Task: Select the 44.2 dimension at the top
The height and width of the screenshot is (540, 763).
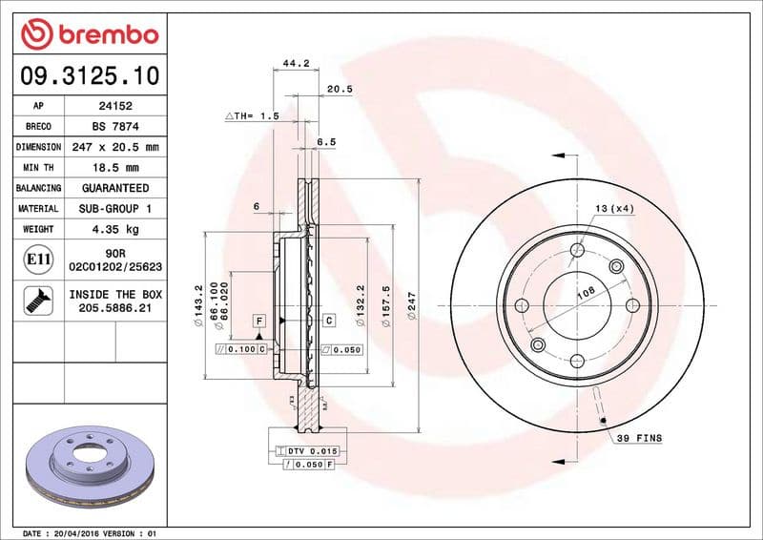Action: (x=297, y=64)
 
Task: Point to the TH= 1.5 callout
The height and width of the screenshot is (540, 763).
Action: (x=252, y=115)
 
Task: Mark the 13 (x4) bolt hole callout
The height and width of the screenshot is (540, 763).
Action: (x=615, y=208)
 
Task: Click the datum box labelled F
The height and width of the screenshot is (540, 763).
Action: (x=258, y=321)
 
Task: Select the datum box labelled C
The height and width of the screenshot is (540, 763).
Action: (x=327, y=321)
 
